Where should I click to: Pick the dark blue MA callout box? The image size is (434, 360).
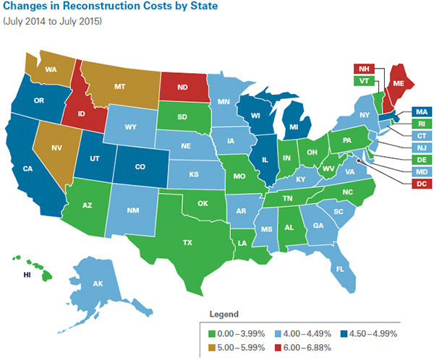[x=420, y=111]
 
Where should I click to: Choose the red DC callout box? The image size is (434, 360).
[x=420, y=184]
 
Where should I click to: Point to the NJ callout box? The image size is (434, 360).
[x=420, y=147]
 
